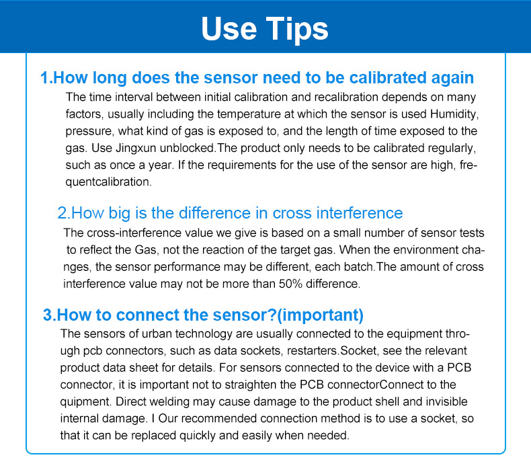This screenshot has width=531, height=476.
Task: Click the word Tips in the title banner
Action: (296, 29)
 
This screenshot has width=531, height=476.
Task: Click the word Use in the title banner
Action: (229, 29)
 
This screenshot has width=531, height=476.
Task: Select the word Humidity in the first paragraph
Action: (454, 114)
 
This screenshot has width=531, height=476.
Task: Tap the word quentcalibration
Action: (108, 182)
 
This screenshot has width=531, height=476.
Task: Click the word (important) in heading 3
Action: (320, 315)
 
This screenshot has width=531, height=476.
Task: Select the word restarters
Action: (313, 351)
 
